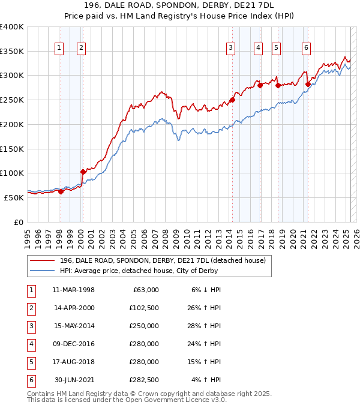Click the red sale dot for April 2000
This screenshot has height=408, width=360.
click(x=83, y=172)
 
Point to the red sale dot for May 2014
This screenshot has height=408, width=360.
click(x=232, y=100)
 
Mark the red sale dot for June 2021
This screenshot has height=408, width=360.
click(x=308, y=84)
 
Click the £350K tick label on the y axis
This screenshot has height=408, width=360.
click(x=11, y=51)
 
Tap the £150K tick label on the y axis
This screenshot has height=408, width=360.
click(x=11, y=148)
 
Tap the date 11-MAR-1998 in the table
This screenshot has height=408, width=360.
click(x=74, y=289)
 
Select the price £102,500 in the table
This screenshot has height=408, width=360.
click(x=144, y=307)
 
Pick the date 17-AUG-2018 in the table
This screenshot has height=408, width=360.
click(x=74, y=361)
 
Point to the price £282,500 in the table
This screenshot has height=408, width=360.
click(x=144, y=379)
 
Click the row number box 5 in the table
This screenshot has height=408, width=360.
click(x=30, y=361)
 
